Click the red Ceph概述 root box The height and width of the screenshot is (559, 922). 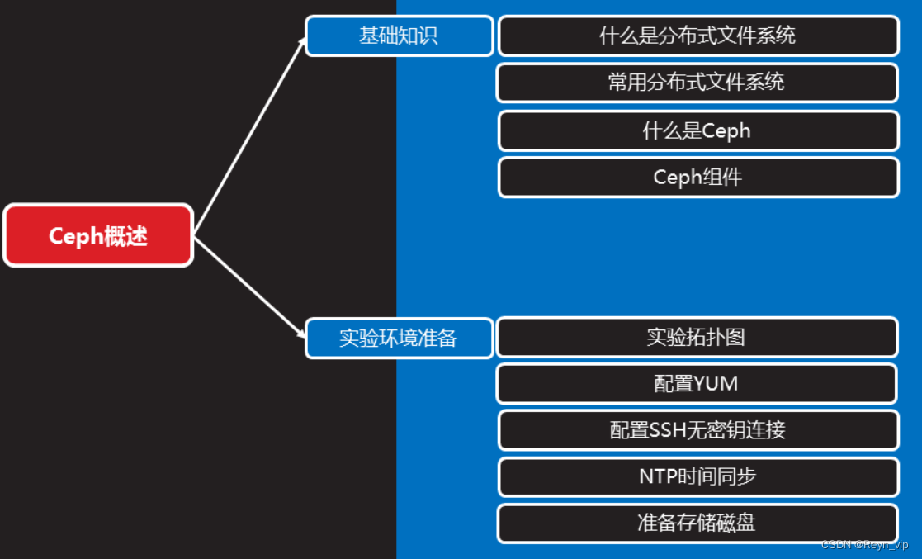tap(98, 235)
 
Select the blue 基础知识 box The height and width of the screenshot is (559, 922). tap(399, 36)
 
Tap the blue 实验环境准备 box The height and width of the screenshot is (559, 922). tap(399, 339)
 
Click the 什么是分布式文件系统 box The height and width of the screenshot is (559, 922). tap(697, 36)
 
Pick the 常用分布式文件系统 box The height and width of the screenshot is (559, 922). tap(697, 83)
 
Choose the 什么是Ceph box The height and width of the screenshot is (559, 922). tap(697, 130)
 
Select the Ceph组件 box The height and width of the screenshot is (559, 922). tap(697, 178)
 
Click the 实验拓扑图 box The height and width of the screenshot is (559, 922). tap(696, 337)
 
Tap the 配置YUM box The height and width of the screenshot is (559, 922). tap(696, 384)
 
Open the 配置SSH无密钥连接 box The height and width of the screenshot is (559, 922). tap(697, 430)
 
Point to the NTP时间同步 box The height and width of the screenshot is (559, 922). tap(697, 476)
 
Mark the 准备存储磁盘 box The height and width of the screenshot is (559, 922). tap(697, 523)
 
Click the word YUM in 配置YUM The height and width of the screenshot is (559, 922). tap(716, 384)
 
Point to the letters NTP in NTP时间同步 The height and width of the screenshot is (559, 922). tap(658, 476)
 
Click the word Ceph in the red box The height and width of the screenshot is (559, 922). tap(73, 236)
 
